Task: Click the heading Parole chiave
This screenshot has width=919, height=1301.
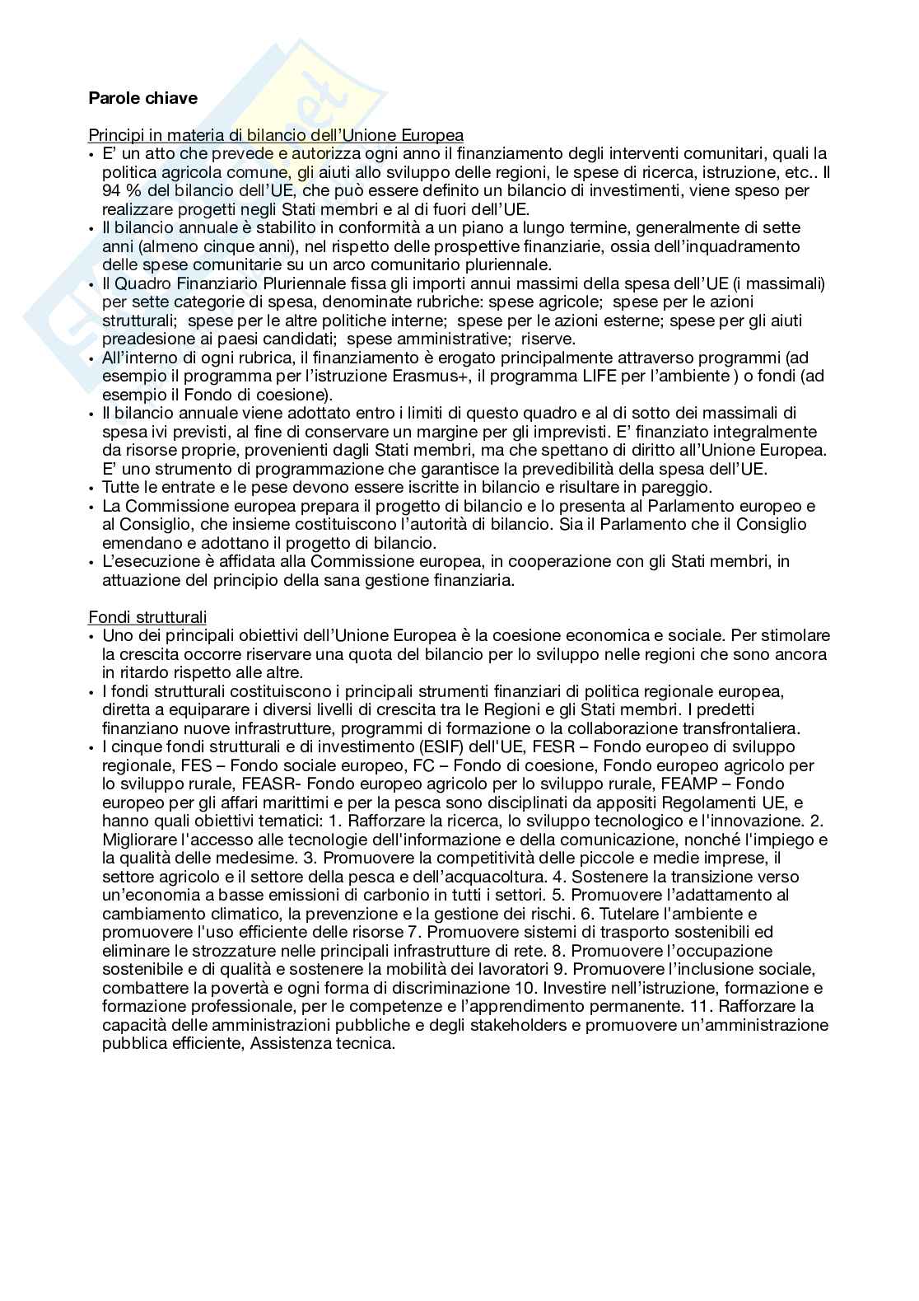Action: (142, 98)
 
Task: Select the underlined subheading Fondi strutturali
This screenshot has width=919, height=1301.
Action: (147, 617)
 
